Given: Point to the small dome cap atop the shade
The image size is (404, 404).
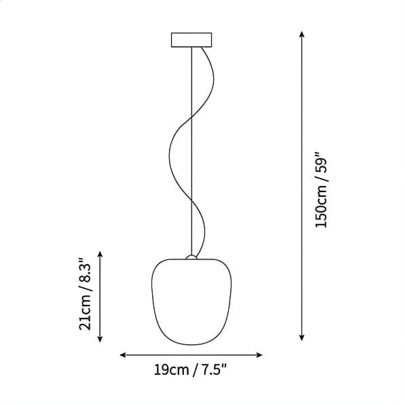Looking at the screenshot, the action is pos(191,257).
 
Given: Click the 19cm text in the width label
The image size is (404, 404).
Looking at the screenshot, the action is pos(171,370).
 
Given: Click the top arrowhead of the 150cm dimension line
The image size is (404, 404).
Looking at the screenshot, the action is pos(301,34).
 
